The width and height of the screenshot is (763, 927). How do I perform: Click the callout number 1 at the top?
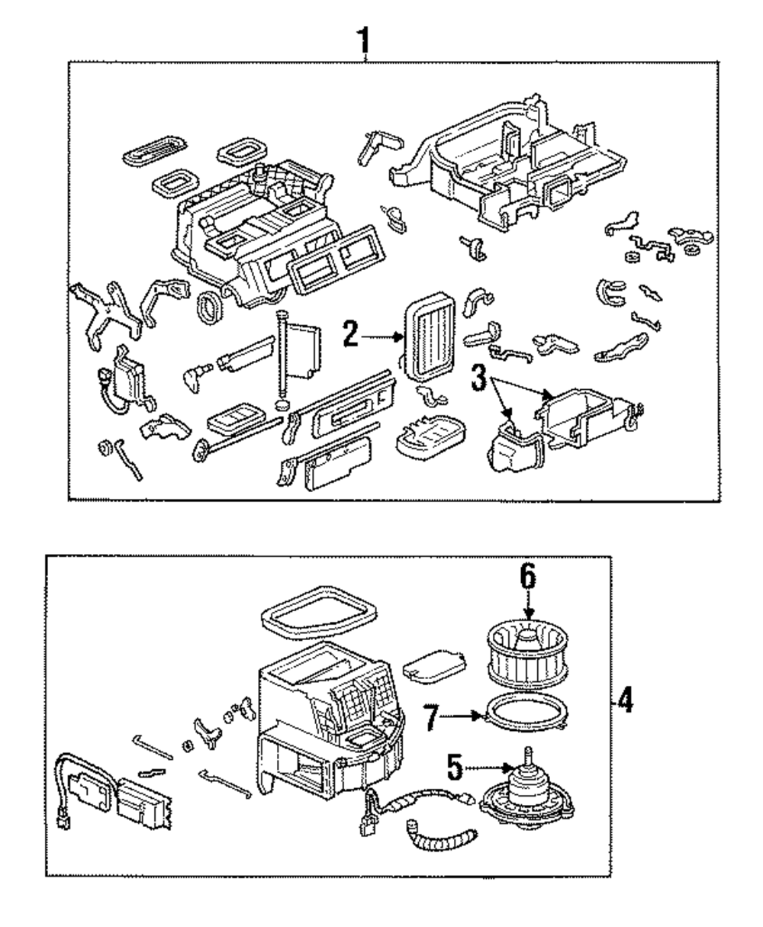click(363, 40)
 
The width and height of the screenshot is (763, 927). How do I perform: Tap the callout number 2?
click(350, 333)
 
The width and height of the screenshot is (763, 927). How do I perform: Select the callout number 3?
click(479, 379)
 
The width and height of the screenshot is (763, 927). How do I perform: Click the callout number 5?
click(455, 768)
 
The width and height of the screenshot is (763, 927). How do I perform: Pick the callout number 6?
click(528, 576)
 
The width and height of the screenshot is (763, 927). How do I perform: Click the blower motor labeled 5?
click(526, 789)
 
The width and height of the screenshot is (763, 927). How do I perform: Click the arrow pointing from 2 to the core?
click(381, 337)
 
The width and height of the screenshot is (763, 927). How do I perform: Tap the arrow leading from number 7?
click(460, 716)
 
